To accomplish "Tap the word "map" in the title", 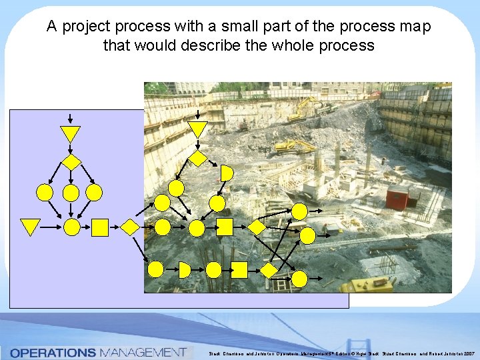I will [416, 27].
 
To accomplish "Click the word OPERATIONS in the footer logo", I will [53, 352].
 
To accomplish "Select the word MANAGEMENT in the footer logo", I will [142, 352].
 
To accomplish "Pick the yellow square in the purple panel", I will [100, 227].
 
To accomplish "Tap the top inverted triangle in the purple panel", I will [70, 133].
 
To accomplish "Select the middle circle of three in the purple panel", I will [71, 193].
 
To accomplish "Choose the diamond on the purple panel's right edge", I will [131, 227].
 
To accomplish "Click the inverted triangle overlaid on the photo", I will [197, 129].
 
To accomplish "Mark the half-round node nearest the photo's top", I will [227, 173].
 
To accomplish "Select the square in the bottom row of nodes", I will [239, 269].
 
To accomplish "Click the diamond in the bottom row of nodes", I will [269, 269].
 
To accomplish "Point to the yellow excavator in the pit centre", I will [293, 146].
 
